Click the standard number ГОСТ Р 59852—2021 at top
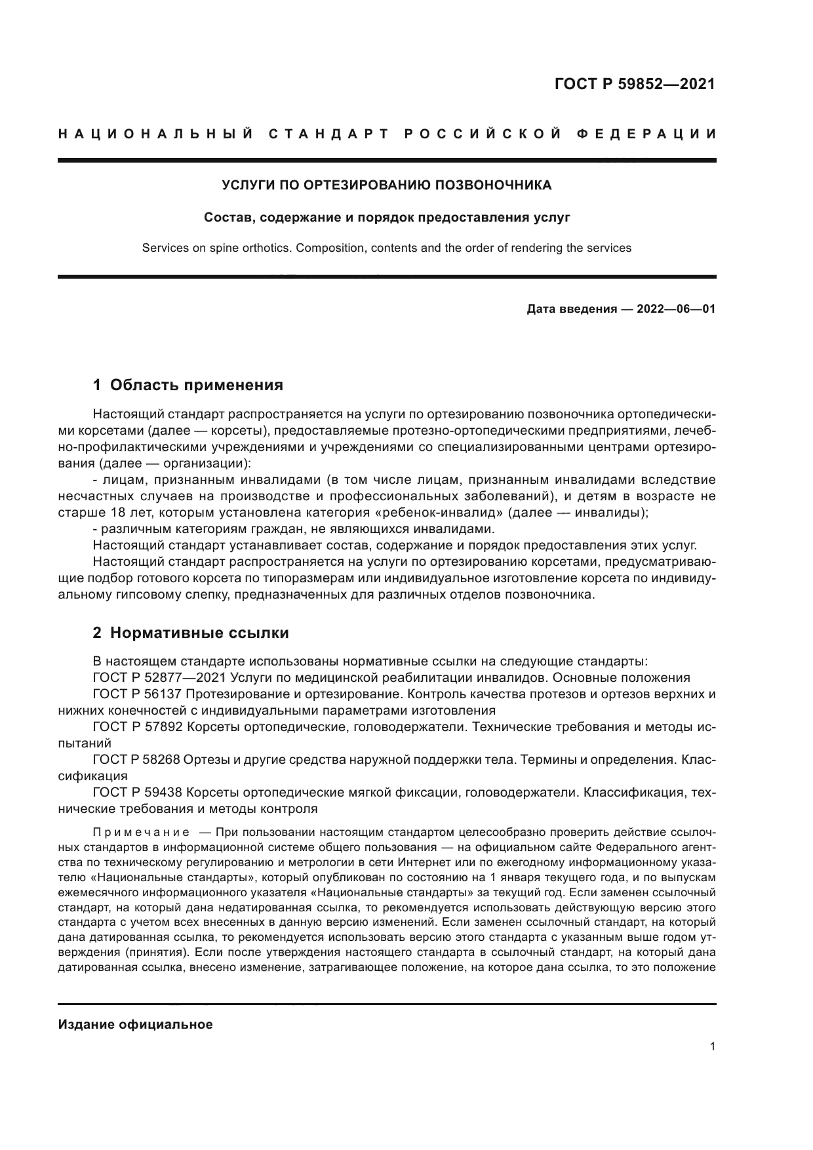coord(635,84)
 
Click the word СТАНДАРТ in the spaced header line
coord(330,134)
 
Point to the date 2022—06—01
coord(676,308)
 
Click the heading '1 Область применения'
coord(188,385)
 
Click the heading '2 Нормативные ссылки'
coord(191,633)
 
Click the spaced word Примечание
coord(141,833)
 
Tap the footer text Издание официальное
coord(136,1025)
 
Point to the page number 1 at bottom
coord(712,1046)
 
